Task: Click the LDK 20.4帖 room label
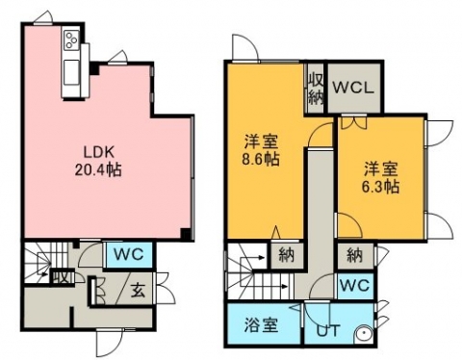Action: [98, 162]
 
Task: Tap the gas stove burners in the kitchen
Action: [71, 39]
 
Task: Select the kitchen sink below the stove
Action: [71, 73]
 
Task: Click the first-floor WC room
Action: [129, 255]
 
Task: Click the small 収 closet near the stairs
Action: [63, 277]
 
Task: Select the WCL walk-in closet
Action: [353, 88]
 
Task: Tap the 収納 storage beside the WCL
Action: [315, 89]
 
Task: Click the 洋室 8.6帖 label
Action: [261, 150]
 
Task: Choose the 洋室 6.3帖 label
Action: [380, 177]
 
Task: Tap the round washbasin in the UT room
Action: [365, 335]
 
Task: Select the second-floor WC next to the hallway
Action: [355, 286]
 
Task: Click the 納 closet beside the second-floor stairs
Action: [287, 256]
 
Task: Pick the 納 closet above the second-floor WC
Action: [355, 256]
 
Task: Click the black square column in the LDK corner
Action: [185, 233]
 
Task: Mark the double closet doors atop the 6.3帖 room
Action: [353, 123]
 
